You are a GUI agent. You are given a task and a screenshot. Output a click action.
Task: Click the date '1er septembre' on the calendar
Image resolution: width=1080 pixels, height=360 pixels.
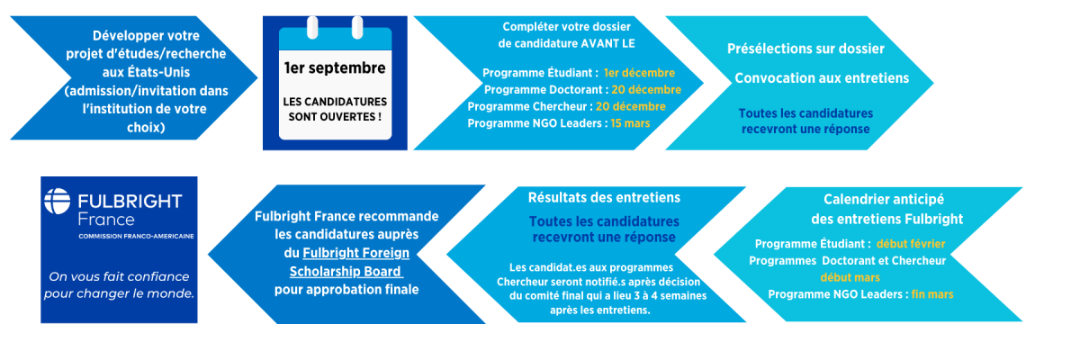pyautogui.click(x=335, y=68)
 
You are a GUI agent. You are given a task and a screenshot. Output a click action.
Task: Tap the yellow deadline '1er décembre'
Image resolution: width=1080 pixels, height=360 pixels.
pyautogui.click(x=639, y=73)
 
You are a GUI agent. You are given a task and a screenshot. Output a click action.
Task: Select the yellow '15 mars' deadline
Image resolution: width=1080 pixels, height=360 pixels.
pyautogui.click(x=630, y=123)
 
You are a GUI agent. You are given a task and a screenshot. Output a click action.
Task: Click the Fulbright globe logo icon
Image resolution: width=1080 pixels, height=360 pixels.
pyautogui.click(x=58, y=201)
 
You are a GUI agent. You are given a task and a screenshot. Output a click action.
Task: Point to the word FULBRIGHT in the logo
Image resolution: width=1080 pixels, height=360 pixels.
pyautogui.click(x=130, y=201)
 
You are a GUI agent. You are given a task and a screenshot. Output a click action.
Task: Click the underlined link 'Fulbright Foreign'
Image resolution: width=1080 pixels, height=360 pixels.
pyautogui.click(x=355, y=253)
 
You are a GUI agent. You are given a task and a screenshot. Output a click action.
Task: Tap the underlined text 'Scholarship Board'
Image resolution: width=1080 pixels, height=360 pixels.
pyautogui.click(x=346, y=271)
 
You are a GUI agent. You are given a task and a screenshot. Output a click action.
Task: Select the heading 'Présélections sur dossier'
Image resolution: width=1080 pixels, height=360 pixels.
pyautogui.click(x=805, y=49)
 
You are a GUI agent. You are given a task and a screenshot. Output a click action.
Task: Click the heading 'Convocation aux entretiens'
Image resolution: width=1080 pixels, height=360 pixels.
pyautogui.click(x=822, y=78)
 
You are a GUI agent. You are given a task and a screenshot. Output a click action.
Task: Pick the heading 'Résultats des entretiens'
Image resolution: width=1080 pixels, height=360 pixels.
pyautogui.click(x=604, y=198)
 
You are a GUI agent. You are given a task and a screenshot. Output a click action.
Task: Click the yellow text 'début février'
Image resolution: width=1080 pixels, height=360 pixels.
pyautogui.click(x=911, y=244)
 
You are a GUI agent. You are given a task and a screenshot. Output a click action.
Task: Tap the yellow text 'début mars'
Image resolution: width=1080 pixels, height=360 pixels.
pyautogui.click(x=850, y=277)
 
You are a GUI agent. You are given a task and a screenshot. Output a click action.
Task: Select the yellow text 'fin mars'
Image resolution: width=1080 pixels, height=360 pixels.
pyautogui.click(x=932, y=294)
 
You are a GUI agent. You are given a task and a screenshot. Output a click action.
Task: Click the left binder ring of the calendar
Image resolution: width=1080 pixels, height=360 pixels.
pyautogui.click(x=312, y=27)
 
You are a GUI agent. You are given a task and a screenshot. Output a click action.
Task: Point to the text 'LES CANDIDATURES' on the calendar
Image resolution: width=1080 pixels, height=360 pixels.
pyautogui.click(x=335, y=102)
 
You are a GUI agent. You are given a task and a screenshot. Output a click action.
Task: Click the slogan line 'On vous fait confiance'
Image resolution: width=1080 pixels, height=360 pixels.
pyautogui.click(x=119, y=276)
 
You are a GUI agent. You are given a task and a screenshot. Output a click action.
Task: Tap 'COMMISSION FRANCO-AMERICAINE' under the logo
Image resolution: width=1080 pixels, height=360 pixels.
pyautogui.click(x=137, y=236)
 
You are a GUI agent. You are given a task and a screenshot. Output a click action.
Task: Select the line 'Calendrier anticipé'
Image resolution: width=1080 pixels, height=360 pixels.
pyautogui.click(x=883, y=200)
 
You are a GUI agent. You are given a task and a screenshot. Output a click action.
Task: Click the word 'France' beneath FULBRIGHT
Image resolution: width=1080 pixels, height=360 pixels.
pyautogui.click(x=106, y=220)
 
